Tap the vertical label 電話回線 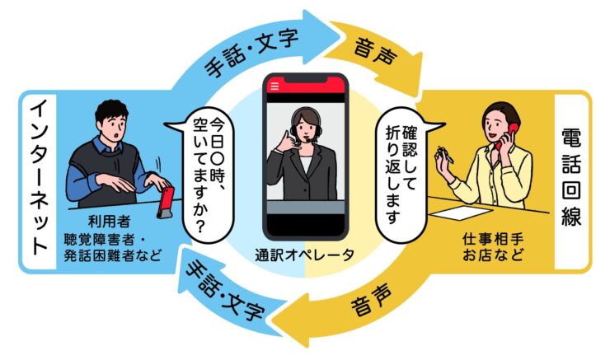571,177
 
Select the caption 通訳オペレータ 305,255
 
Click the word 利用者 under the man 109,222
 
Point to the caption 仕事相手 492,239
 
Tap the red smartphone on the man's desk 166,202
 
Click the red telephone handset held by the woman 506,135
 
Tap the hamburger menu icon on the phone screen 274,86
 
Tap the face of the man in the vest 113,127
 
